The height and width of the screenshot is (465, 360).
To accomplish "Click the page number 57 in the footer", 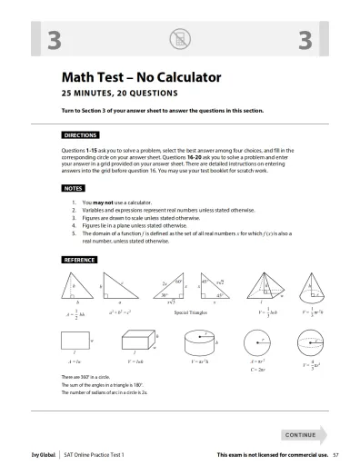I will [335, 452].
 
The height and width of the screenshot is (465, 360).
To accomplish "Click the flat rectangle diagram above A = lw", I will [73, 344].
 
